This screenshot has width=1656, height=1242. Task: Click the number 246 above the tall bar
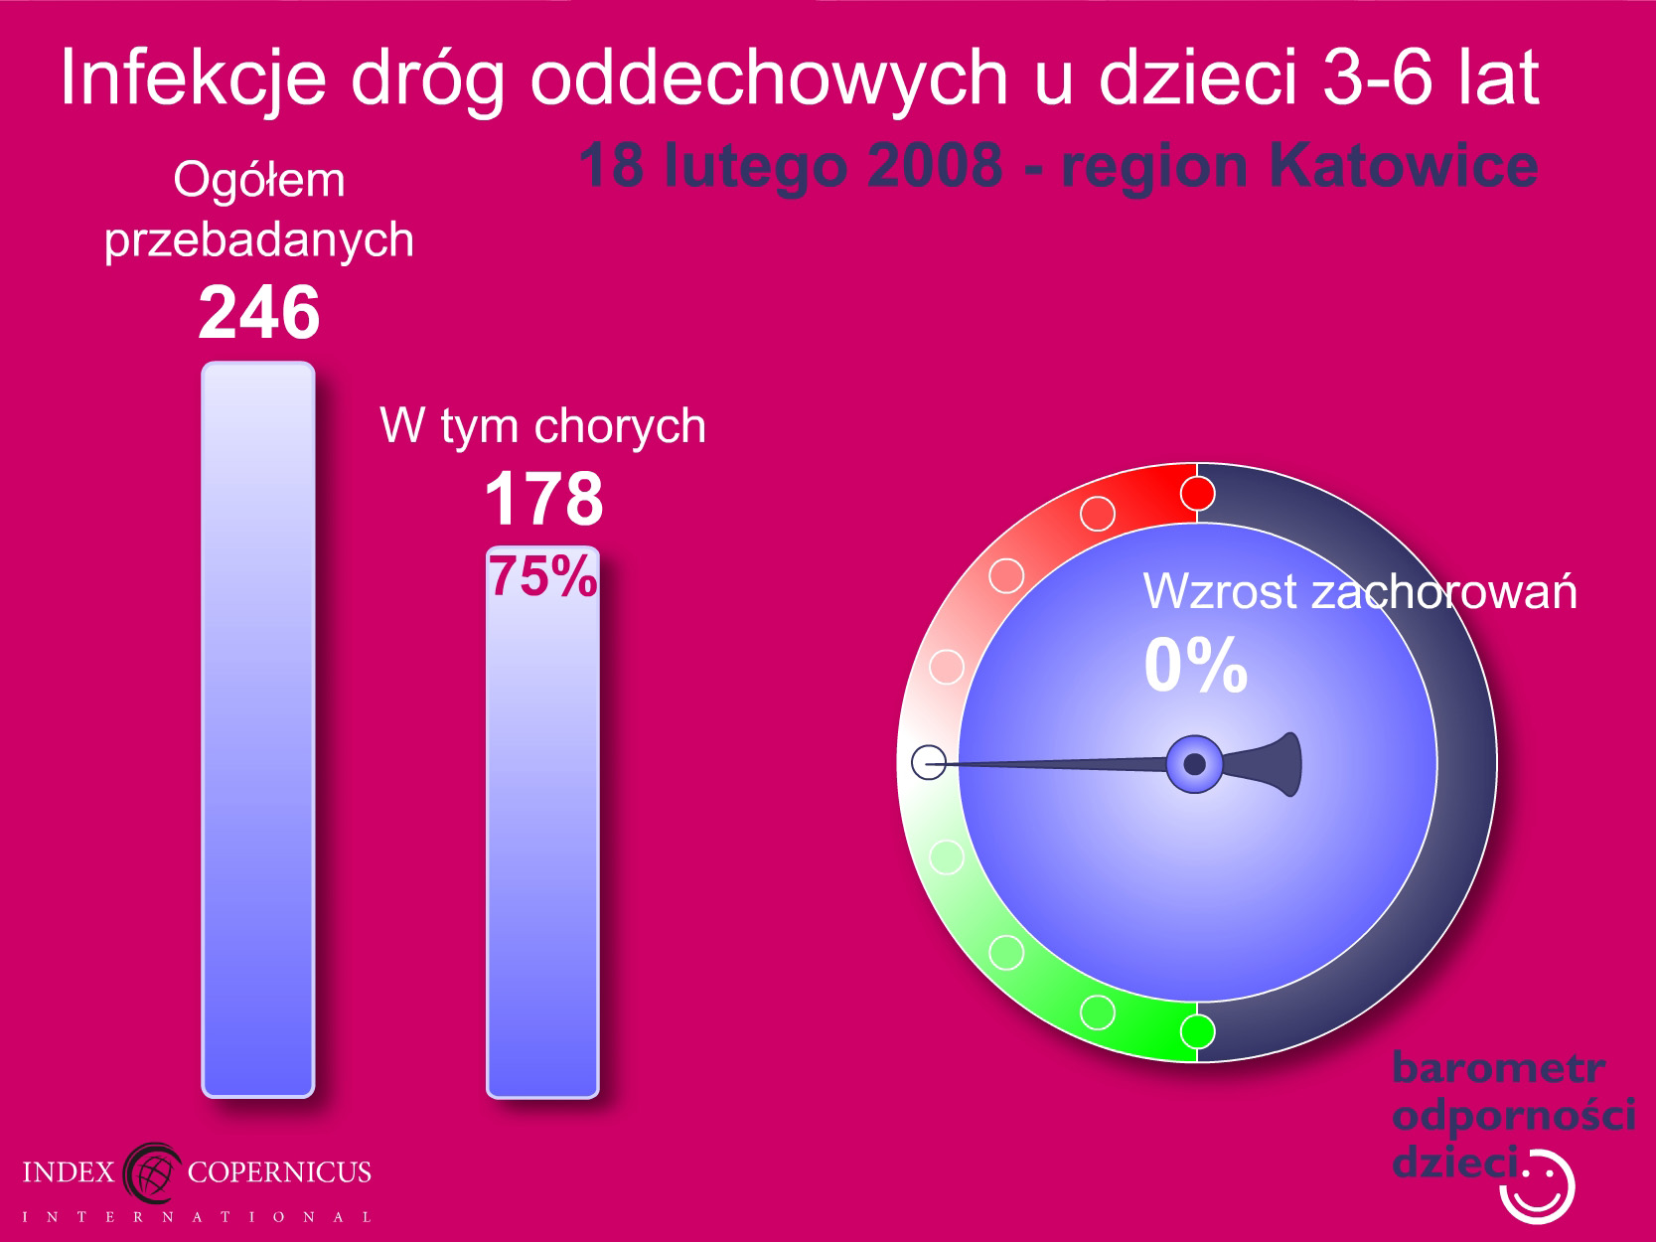tap(258, 312)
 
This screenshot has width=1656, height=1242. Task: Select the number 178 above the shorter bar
tap(543, 498)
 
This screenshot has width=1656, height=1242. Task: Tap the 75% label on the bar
tap(543, 575)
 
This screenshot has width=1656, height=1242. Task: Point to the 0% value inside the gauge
tap(1195, 664)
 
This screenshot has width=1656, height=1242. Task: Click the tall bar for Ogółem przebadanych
tap(258, 729)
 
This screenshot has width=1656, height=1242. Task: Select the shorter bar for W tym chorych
tap(543, 822)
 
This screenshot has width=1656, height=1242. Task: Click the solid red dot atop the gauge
tap(1197, 494)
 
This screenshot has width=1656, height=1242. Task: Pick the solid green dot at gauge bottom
tap(1197, 1031)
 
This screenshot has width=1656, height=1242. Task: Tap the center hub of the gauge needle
tap(1194, 764)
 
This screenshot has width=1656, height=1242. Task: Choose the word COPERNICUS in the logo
tap(279, 1171)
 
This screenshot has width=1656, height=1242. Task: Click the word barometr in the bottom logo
tap(1498, 1068)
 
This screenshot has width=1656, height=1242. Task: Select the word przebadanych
tap(258, 239)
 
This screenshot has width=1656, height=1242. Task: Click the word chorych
tap(620, 427)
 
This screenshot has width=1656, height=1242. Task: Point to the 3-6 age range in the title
tap(1378, 77)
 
